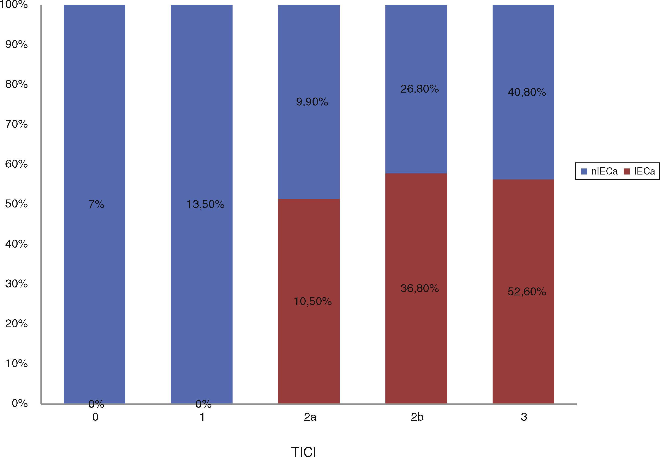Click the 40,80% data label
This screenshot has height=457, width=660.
pos(526,92)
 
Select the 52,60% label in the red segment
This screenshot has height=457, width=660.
pos(526,292)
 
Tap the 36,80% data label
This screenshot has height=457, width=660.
pos(419,288)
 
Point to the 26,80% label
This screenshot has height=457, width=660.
pos(419,89)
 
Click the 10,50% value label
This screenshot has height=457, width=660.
pos(313,301)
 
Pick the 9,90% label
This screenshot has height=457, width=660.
pos(312,102)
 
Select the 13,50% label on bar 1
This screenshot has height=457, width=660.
pos(205,204)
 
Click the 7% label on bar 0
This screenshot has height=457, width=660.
pos(96,204)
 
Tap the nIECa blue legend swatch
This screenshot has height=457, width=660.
pos(584,171)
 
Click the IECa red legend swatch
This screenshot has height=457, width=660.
pos(627,171)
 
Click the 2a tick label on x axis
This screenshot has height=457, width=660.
pos(310,417)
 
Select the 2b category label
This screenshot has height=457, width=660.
pos(417,417)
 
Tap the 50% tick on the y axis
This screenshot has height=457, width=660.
pos(16,204)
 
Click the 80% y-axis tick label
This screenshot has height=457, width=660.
pos(16,84)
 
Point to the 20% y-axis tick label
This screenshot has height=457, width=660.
pos(16,323)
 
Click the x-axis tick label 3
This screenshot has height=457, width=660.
pos(524,417)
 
